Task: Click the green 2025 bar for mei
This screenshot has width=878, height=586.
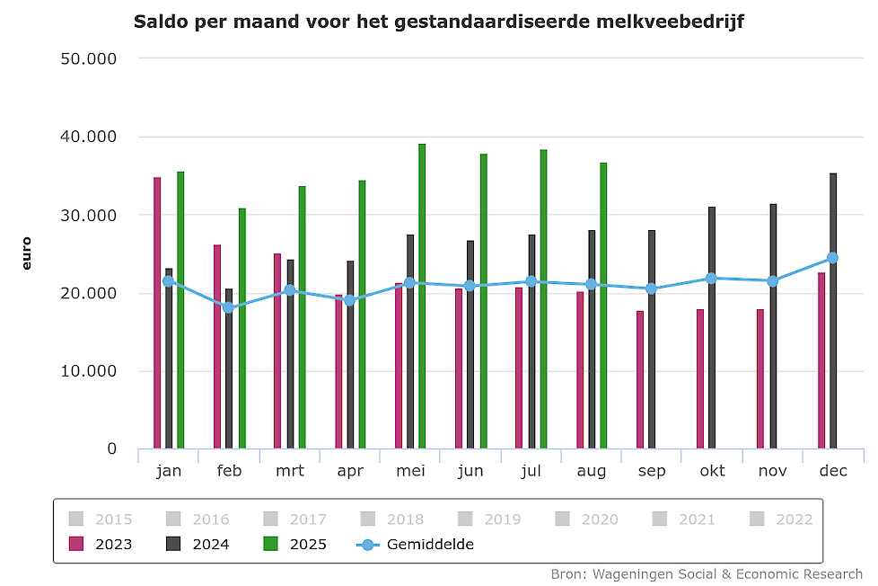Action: click(422, 297)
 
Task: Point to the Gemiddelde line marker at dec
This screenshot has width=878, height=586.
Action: click(833, 258)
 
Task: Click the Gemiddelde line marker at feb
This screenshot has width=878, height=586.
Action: click(229, 308)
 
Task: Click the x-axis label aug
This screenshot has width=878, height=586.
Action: click(592, 472)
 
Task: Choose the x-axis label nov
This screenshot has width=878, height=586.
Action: click(773, 472)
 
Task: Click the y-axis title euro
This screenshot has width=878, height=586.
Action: click(26, 253)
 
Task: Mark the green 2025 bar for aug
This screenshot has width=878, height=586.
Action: click(603, 306)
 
